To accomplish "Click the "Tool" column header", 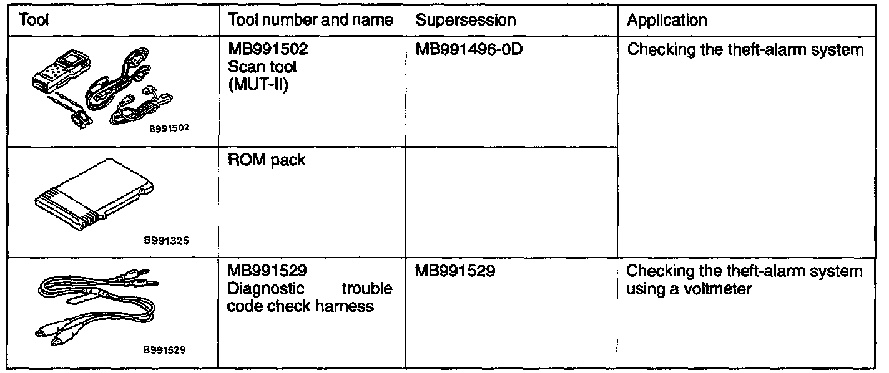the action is (x=35, y=20).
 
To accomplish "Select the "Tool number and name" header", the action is (x=310, y=20).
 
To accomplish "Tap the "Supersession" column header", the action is (x=466, y=20).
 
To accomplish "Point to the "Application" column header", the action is (x=667, y=20).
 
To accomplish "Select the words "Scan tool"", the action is (x=262, y=66).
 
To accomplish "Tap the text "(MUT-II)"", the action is (x=258, y=82).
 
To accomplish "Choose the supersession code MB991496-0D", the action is (x=469, y=50).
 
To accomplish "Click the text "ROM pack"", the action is (x=267, y=160).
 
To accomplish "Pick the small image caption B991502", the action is (x=169, y=130).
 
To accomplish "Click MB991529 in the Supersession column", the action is (x=456, y=273).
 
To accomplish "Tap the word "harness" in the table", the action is (x=344, y=306).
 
